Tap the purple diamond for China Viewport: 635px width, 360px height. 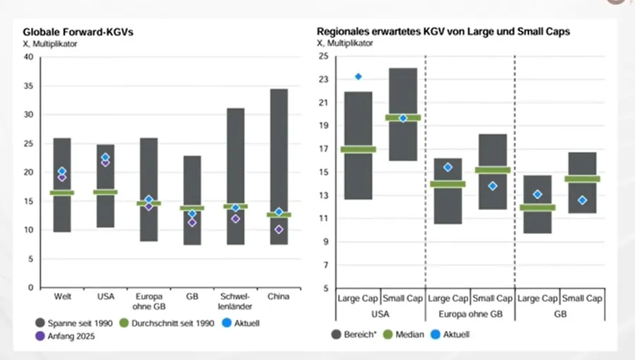[279, 230]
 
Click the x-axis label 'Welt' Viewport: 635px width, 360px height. [62, 297]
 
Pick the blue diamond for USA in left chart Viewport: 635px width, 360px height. [105, 157]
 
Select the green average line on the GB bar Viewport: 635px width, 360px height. [192, 208]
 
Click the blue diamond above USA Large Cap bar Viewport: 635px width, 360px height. [359, 76]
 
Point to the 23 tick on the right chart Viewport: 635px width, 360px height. [324, 79]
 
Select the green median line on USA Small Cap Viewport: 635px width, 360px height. [403, 117]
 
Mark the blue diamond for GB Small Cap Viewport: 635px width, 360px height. [582, 200]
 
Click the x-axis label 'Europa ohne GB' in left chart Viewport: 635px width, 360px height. [148, 301]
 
